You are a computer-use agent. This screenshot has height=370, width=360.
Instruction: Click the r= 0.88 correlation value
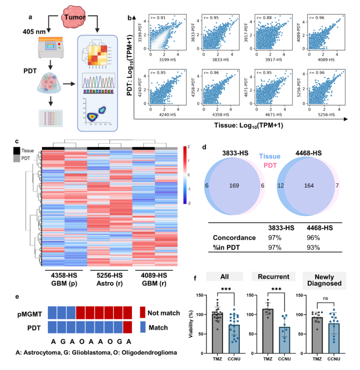[x=262, y=18]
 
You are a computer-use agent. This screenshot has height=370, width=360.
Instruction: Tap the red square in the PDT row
[x=127, y=328]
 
